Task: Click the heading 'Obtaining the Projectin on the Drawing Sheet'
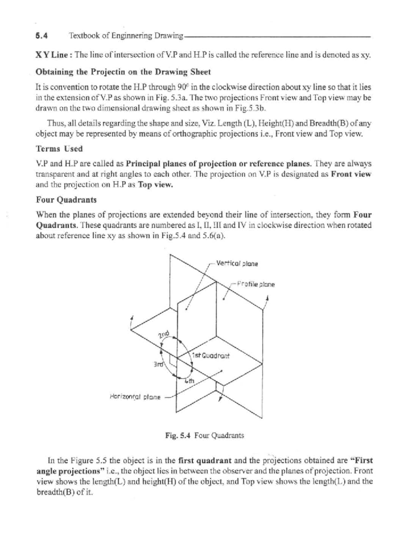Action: tap(123, 72)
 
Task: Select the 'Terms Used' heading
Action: tap(59, 149)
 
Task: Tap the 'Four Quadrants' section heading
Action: tap(66, 200)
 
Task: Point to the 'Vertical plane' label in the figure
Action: tap(237, 264)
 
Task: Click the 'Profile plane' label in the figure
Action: tap(256, 285)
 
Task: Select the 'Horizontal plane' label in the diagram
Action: tap(135, 397)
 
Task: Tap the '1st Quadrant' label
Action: tap(211, 356)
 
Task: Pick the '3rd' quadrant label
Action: tap(158, 364)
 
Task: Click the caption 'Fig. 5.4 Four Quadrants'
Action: tap(205, 435)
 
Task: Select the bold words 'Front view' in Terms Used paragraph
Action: tap(351, 174)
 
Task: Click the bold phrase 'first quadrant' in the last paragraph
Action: tap(205, 460)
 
